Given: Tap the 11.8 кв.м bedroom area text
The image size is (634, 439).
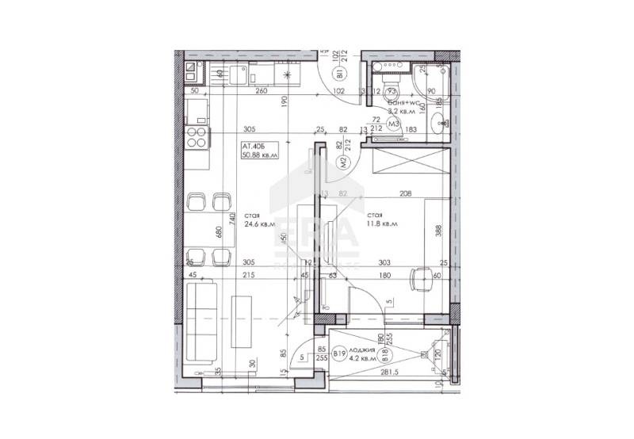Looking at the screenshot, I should (x=382, y=224).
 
